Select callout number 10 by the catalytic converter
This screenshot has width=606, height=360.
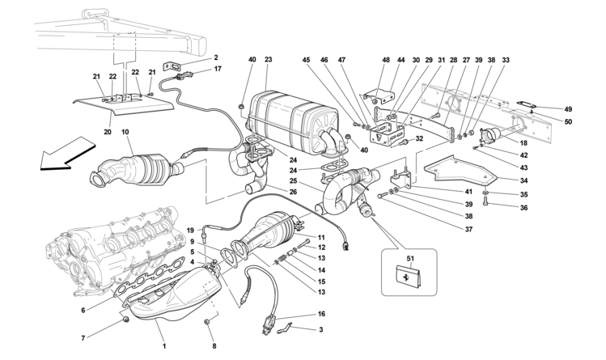125,132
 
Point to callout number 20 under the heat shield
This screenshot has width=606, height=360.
108,132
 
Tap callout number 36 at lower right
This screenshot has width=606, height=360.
523,208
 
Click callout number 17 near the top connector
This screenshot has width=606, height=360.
218,70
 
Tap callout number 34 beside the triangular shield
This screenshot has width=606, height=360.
523,180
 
